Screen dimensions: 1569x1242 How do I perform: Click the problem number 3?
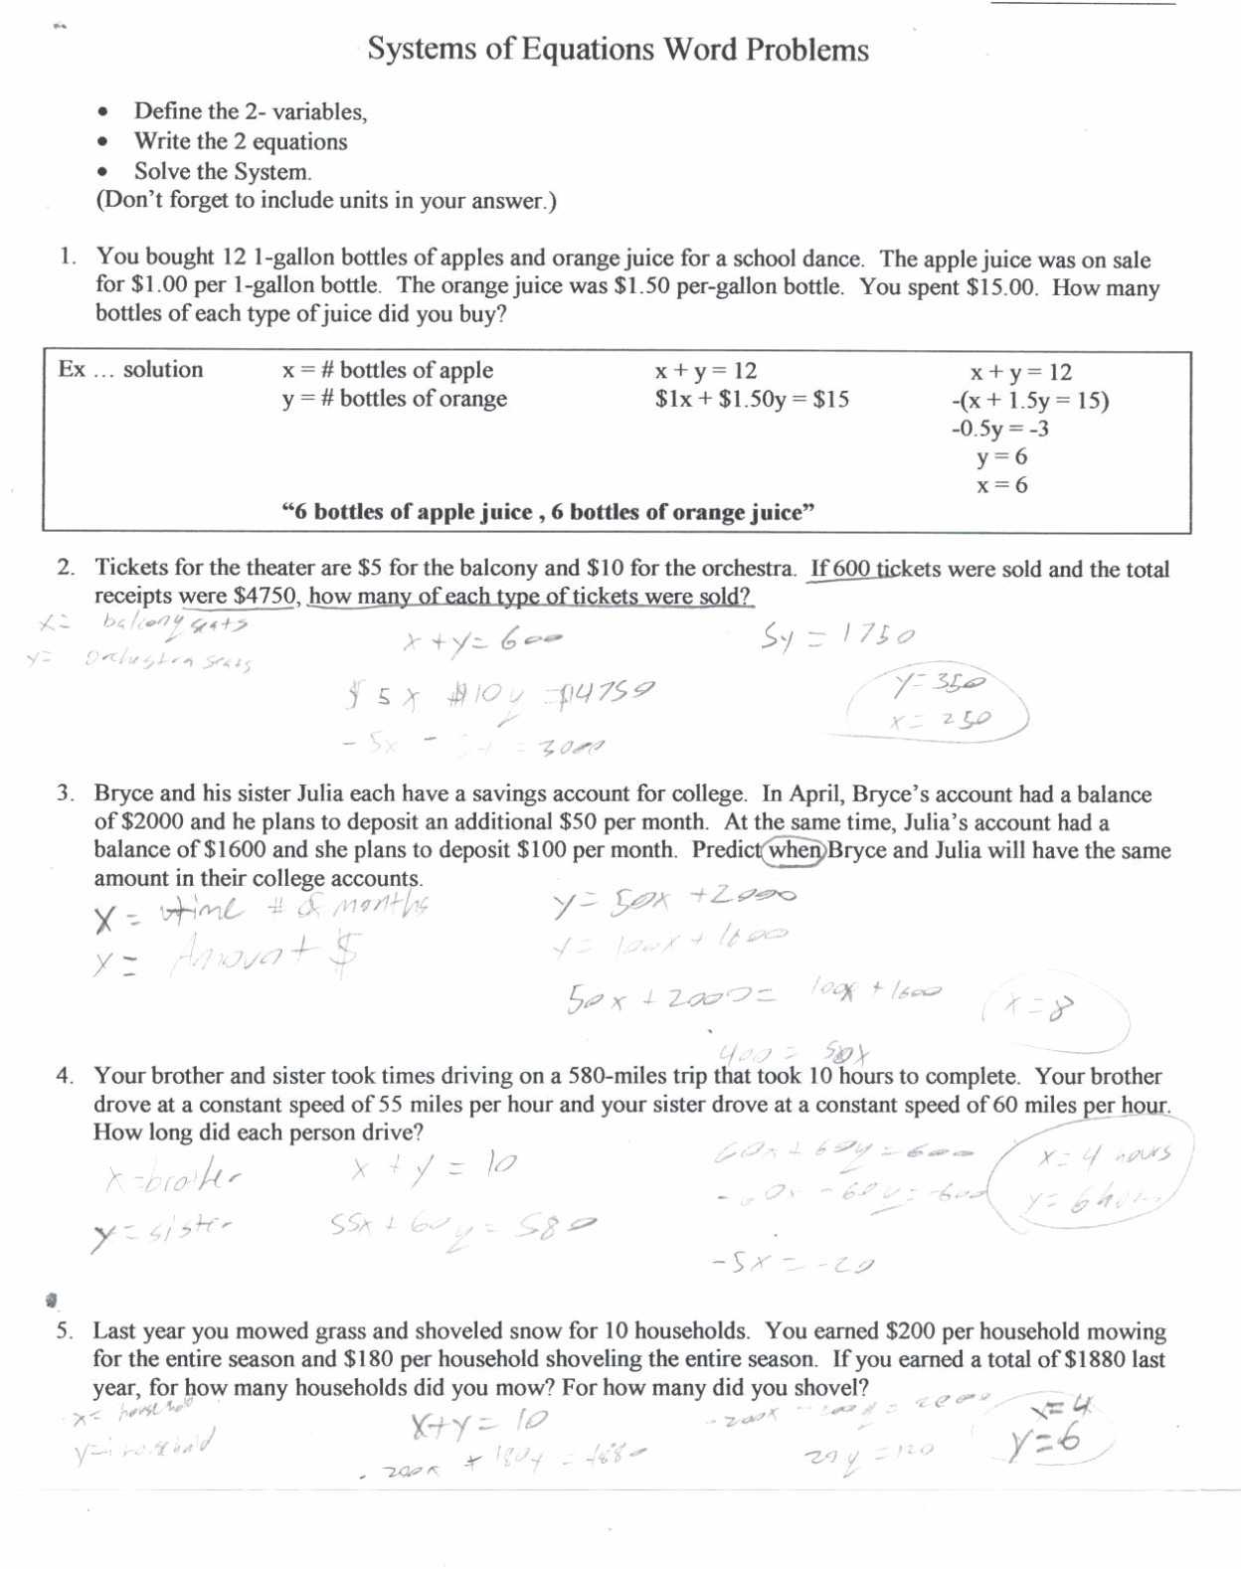click(x=66, y=793)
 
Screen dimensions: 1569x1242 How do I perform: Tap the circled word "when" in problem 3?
click(x=795, y=851)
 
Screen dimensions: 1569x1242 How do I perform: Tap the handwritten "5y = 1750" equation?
click(x=837, y=636)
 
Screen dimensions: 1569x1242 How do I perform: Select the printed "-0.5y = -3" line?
click(x=999, y=429)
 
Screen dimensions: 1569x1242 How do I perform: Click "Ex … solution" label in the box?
click(x=130, y=370)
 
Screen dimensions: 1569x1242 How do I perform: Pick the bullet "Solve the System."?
click(x=223, y=171)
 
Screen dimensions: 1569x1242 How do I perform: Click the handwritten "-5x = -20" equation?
click(x=793, y=1265)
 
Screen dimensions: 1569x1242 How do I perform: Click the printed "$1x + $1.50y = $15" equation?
click(x=752, y=400)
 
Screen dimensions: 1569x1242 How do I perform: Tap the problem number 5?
click(x=66, y=1331)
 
